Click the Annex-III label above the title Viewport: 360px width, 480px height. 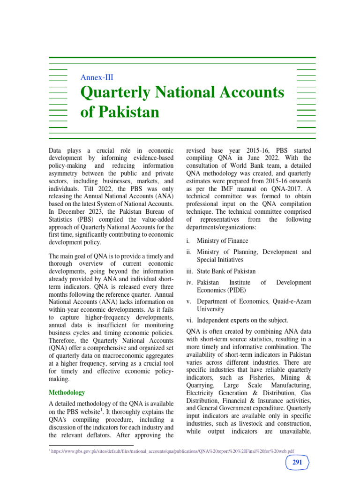(97, 78)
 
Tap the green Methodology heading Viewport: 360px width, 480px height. (67, 392)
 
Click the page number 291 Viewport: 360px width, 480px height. (297, 463)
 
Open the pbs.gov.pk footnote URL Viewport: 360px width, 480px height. (173, 451)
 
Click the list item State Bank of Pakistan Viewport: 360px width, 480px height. (226, 271)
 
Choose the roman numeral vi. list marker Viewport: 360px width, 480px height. (190, 321)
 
